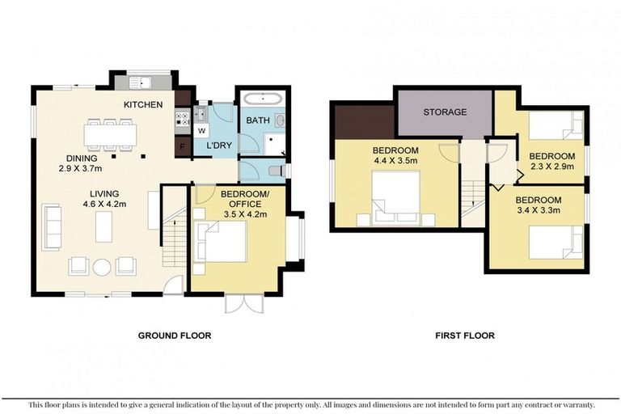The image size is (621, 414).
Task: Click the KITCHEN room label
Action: [143, 105]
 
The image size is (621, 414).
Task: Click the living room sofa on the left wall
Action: [52, 226]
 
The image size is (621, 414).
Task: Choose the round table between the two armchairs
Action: [102, 266]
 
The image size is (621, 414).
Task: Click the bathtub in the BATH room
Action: [263, 101]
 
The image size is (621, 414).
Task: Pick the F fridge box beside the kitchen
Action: [184, 147]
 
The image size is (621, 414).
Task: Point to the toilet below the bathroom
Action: [277, 171]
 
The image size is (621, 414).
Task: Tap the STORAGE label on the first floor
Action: [445, 112]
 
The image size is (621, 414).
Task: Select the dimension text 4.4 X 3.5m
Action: [395, 161]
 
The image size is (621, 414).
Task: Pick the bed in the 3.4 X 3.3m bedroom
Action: [555, 241]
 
